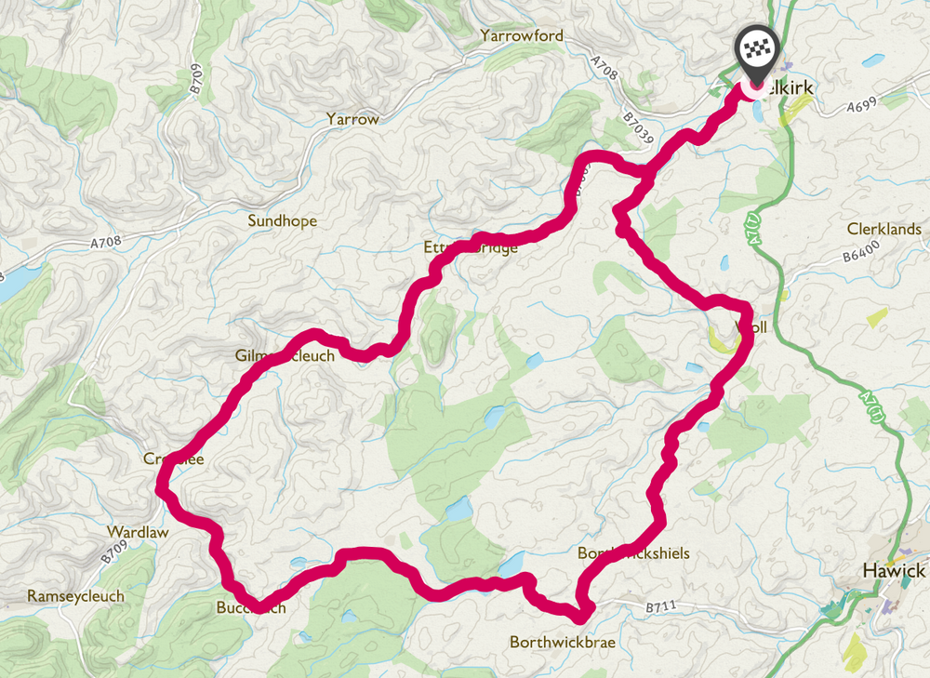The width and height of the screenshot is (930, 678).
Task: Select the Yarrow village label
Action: pos(352,120)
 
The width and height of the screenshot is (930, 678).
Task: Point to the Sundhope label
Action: pos(282,221)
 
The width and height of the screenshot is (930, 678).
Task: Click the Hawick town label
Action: pos(894,570)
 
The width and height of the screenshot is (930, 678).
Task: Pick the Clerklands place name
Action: pos(883,229)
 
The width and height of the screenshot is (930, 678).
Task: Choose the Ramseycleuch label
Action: pos(75,596)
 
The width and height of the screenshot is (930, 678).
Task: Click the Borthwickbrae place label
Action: pos(562,642)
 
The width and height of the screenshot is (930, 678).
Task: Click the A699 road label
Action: pos(860,108)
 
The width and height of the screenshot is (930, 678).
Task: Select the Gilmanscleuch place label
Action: pos(285,355)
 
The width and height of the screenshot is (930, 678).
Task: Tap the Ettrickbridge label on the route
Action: pos(470,248)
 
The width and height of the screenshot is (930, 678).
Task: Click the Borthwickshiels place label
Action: pos(633,553)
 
